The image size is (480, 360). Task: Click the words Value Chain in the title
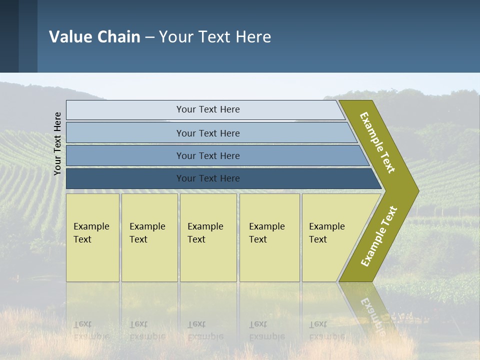pyautogui.click(x=94, y=37)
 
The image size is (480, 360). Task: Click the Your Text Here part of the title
pyautogui.click(x=215, y=37)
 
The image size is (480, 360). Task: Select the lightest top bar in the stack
pyautogui.click(x=125, y=110)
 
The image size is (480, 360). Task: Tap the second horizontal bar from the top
pyautogui.click(x=125, y=133)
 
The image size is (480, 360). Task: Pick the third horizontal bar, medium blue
pyautogui.click(x=125, y=155)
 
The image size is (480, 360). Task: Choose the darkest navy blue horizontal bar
pyautogui.click(x=125, y=178)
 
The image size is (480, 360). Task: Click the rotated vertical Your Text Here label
pyautogui.click(x=58, y=144)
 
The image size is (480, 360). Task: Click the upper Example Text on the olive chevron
pyautogui.click(x=377, y=142)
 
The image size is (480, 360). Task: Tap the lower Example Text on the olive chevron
pyautogui.click(x=378, y=236)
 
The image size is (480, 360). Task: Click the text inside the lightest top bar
pyautogui.click(x=208, y=109)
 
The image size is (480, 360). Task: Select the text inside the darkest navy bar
pyautogui.click(x=208, y=178)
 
